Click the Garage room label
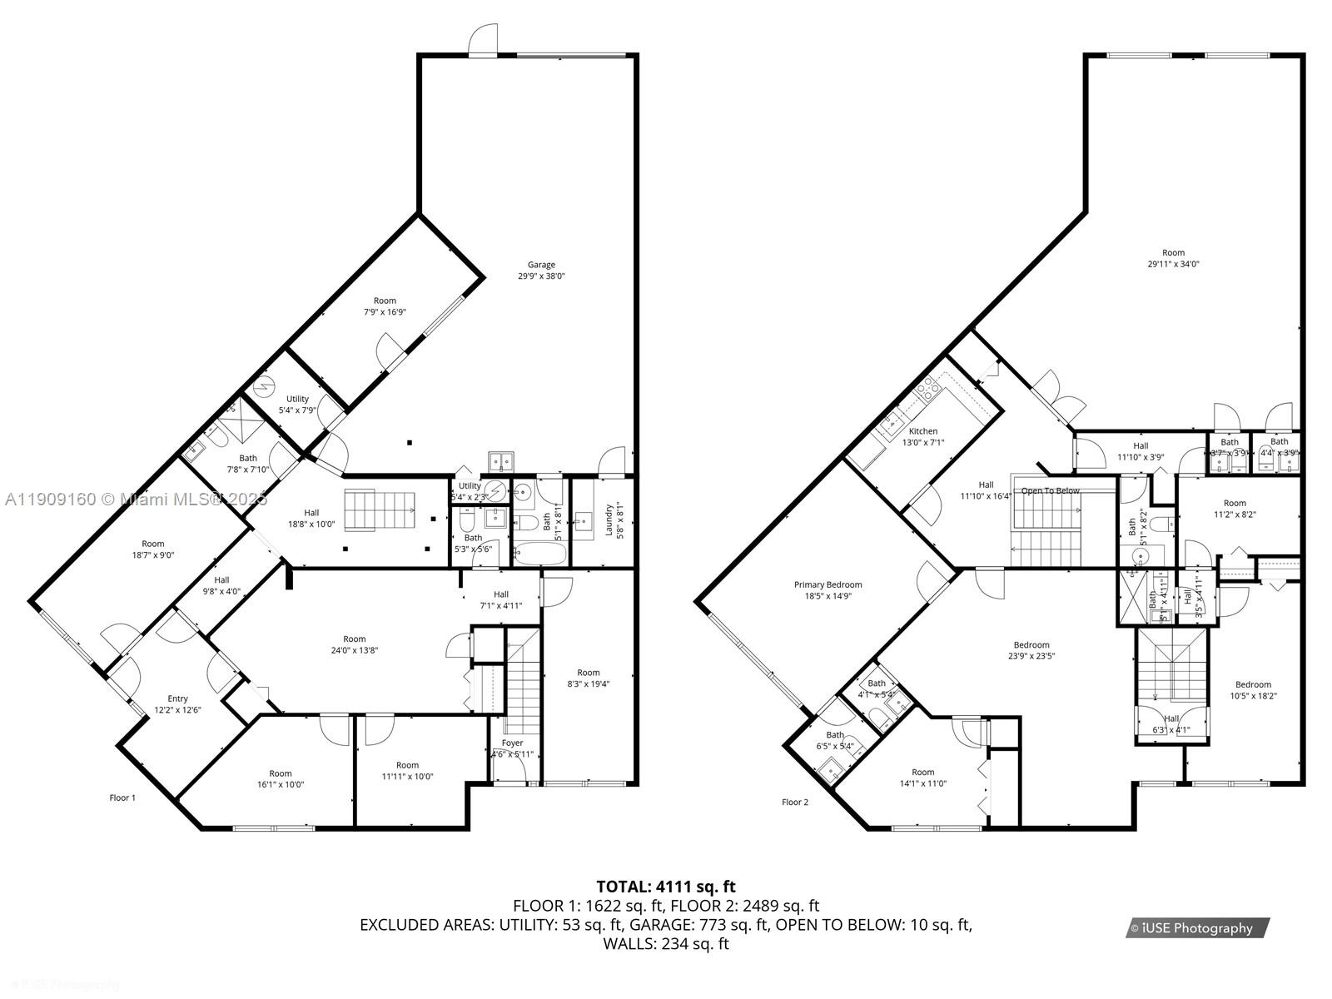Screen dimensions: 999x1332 [541, 266]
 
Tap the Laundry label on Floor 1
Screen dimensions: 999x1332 [609, 519]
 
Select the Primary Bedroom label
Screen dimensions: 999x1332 [828, 585]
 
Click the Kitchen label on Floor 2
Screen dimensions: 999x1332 [923, 431]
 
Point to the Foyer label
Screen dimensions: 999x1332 [513, 743]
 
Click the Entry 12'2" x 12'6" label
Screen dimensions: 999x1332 [177, 704]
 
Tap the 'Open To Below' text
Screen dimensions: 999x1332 [1050, 490]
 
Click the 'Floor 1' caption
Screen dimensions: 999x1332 [122, 798]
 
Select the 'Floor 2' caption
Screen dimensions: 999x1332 [795, 802]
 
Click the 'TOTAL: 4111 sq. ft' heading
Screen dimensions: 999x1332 [666, 887]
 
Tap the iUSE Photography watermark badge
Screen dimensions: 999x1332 [1197, 927]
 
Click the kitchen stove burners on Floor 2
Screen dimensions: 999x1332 [927, 388]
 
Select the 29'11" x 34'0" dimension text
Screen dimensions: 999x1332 [1173, 264]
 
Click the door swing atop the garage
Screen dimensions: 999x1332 [483, 40]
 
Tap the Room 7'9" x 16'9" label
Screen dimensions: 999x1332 [385, 306]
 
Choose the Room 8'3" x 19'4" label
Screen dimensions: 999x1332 [589, 678]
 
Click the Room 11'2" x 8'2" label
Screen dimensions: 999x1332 [1235, 509]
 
